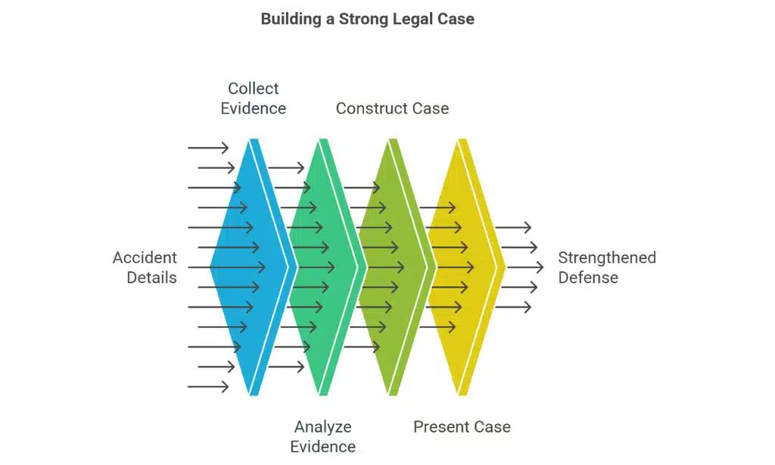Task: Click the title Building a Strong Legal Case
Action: tap(367, 19)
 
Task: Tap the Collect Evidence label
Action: tap(254, 98)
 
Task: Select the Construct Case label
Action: tap(392, 108)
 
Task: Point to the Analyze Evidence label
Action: tap(323, 436)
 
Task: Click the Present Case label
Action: tap(462, 427)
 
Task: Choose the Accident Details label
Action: tap(145, 267)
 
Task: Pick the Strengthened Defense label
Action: tap(607, 267)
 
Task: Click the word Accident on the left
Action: tap(145, 257)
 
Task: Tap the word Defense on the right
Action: tap(588, 277)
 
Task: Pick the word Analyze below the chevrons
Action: tap(323, 427)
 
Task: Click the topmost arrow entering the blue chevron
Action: tap(208, 148)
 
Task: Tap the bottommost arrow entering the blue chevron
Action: tap(208, 387)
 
